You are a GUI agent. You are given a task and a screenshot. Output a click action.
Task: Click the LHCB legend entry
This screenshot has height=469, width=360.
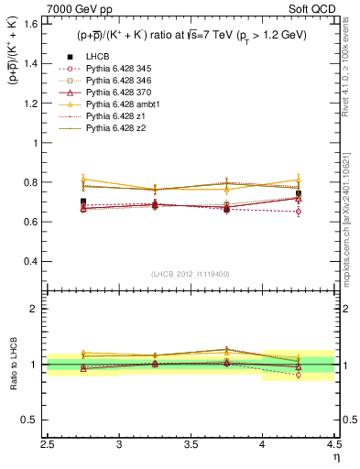point(96,58)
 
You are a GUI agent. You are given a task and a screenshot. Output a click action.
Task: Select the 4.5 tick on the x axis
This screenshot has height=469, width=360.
point(333,445)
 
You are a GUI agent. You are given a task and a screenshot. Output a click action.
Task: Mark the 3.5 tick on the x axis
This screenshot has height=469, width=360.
point(191,445)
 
